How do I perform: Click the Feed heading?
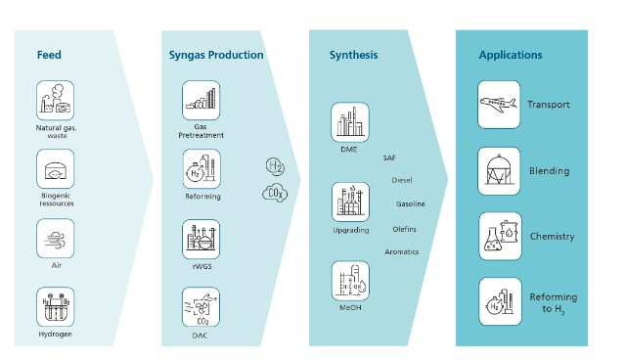click(49, 55)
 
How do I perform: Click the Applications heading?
click(511, 55)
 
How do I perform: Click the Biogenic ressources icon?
click(55, 170)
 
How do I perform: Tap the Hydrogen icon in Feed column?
click(55, 306)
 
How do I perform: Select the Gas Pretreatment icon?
click(201, 101)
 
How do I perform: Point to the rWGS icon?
click(201, 239)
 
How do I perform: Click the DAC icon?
click(201, 307)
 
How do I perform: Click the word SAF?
click(389, 157)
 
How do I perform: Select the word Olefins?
click(405, 228)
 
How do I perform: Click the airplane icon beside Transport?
click(498, 105)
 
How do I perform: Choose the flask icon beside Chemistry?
click(498, 236)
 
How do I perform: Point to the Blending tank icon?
click(498, 170)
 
